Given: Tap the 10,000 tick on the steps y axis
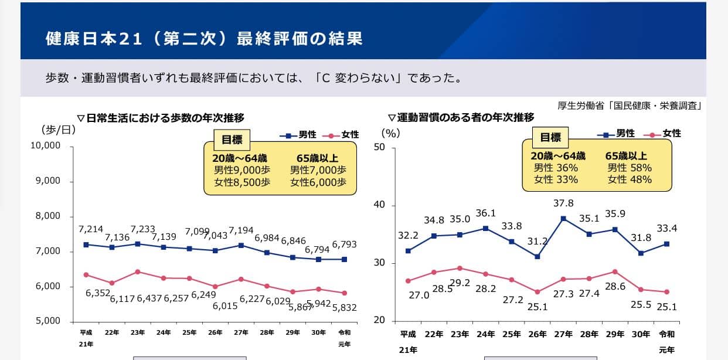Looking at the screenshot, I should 46,145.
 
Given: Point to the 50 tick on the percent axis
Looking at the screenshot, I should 380,147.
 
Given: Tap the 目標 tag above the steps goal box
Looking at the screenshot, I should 232,140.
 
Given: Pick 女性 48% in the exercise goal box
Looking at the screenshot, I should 630,179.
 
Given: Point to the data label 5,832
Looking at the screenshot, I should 345,307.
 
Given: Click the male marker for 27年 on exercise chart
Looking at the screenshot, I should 563,219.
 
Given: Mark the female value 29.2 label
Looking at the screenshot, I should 460,282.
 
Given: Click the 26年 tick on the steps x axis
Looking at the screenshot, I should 215,332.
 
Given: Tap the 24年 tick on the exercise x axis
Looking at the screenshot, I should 486,334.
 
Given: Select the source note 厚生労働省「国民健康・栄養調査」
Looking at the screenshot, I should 630,106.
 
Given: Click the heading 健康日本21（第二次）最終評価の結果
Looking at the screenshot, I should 204,39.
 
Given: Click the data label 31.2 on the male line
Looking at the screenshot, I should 538,241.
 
